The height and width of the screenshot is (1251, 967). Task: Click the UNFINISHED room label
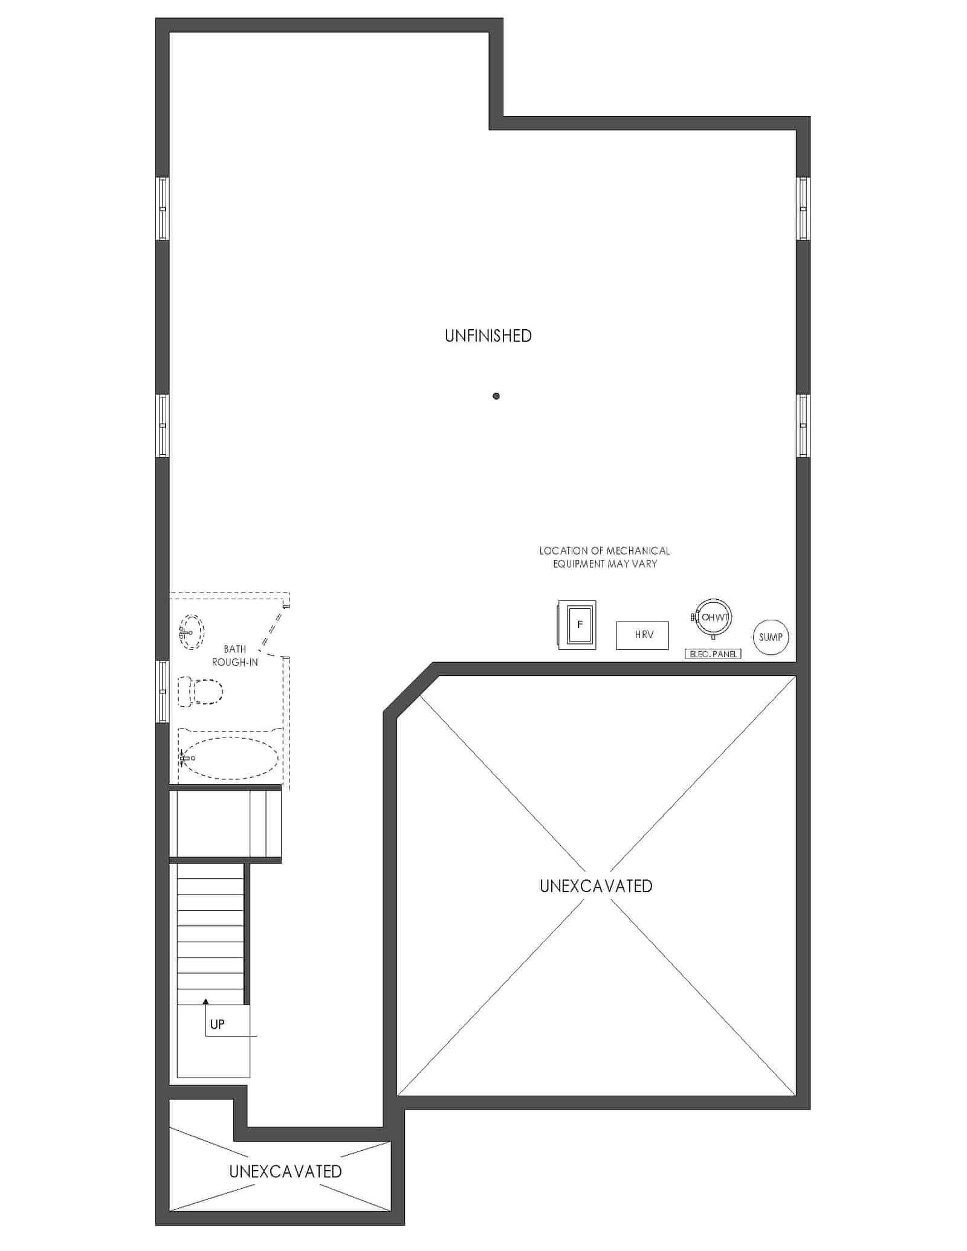[488, 336]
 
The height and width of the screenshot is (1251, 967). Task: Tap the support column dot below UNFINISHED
[496, 396]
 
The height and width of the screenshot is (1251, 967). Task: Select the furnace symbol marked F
[577, 625]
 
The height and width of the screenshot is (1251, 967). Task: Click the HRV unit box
[642, 635]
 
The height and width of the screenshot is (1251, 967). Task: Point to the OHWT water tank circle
[713, 600]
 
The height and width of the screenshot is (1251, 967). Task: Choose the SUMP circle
[771, 637]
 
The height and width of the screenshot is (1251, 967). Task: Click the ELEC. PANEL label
[713, 654]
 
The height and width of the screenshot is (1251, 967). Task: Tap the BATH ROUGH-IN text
[235, 655]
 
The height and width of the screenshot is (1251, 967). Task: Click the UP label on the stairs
[217, 1024]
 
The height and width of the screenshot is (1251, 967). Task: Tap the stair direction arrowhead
[205, 1002]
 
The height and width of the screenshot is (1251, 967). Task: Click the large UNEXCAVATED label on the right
[596, 886]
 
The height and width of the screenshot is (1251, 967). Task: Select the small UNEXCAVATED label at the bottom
[285, 1171]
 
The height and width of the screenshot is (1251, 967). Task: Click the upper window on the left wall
[163, 208]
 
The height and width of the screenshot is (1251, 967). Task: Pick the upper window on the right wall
[803, 208]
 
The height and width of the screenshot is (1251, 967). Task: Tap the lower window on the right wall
[803, 426]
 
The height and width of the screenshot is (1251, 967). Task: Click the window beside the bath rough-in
[163, 692]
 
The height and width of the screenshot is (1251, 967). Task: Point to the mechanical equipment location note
[604, 557]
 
